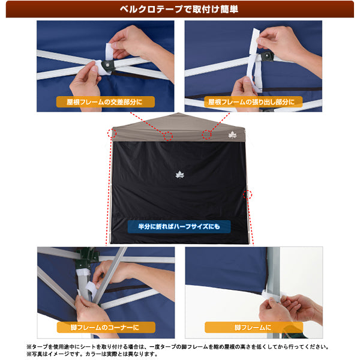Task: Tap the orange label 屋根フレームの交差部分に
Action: (x=106, y=102)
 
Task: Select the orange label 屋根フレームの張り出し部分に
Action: (x=251, y=102)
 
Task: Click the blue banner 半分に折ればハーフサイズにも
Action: (x=178, y=227)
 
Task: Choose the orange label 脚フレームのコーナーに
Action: (x=106, y=328)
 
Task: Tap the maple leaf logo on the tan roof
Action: (x=233, y=135)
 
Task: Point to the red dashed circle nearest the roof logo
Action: (x=208, y=134)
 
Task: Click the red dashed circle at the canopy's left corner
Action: (x=112, y=132)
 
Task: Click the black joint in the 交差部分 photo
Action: (x=109, y=65)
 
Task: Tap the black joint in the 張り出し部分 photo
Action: (x=266, y=57)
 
